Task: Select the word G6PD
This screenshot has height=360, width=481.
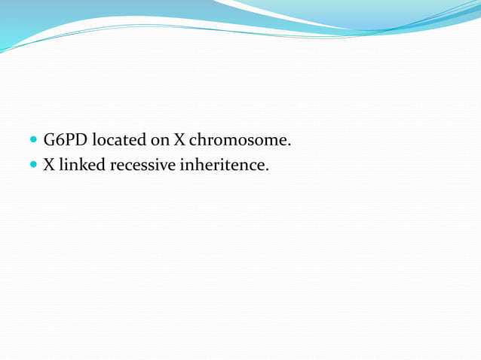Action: [x=66, y=140]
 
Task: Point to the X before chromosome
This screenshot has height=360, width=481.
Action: [x=180, y=140]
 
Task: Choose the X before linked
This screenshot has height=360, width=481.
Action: [x=48, y=163]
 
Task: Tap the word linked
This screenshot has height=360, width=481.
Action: [x=81, y=163]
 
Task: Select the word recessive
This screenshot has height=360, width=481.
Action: [x=142, y=163]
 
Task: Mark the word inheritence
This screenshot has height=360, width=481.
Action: [x=222, y=163]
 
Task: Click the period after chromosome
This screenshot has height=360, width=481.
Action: [x=290, y=145]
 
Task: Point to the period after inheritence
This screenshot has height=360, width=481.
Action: [x=267, y=167]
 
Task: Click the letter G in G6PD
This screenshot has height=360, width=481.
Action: [x=50, y=140]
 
